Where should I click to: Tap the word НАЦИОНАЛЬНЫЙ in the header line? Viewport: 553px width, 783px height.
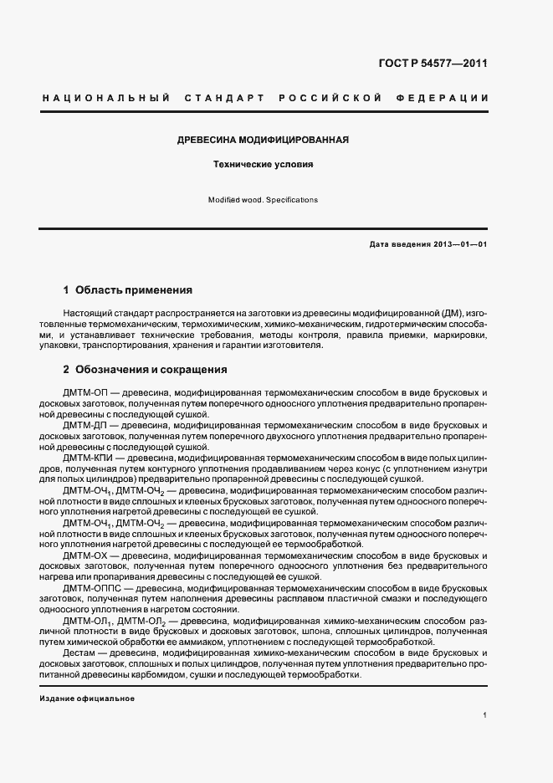tap(106, 99)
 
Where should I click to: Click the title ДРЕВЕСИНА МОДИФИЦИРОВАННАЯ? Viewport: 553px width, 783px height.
tap(263, 140)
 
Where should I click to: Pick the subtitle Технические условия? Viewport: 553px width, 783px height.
tap(263, 165)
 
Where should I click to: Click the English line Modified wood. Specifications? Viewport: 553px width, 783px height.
tap(263, 201)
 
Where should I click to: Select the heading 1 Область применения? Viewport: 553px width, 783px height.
tap(128, 290)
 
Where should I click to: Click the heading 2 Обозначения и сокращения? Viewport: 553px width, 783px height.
tap(145, 369)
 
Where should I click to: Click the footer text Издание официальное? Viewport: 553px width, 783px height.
tap(87, 698)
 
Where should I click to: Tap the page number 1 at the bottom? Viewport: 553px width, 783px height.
tap(485, 715)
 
